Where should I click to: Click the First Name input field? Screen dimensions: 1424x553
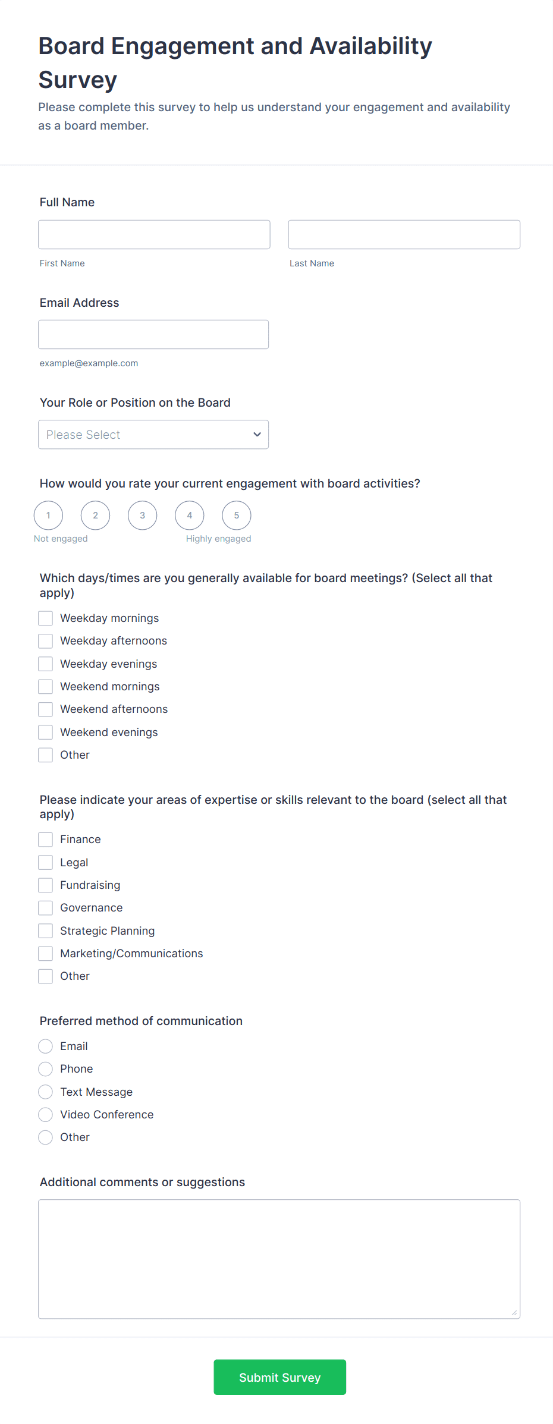point(154,234)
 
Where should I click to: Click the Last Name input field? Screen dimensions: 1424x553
point(404,234)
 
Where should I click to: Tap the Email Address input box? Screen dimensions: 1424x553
point(153,334)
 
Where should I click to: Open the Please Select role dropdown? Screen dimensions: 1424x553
point(153,435)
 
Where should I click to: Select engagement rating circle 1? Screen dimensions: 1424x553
point(48,515)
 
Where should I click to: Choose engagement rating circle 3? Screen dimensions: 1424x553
point(143,515)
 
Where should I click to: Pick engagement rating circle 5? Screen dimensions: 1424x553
point(237,515)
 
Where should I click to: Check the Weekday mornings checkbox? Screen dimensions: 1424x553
point(46,618)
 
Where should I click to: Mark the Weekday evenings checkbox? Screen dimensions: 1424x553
point(46,664)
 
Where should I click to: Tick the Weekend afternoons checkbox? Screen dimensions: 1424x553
point(46,709)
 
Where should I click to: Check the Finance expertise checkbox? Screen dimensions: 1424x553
point(46,840)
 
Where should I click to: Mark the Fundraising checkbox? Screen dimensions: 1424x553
point(46,885)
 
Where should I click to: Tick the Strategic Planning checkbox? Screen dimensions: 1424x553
point(46,931)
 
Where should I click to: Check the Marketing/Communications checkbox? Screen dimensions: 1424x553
point(46,954)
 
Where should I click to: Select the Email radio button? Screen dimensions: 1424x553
point(46,1046)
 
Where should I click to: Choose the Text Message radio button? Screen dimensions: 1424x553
point(46,1092)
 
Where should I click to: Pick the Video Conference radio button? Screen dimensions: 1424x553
point(46,1115)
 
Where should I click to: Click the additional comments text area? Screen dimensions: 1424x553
point(279,1259)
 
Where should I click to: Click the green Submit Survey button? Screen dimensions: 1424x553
point(279,1377)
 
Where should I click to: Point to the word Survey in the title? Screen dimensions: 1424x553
point(78,80)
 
